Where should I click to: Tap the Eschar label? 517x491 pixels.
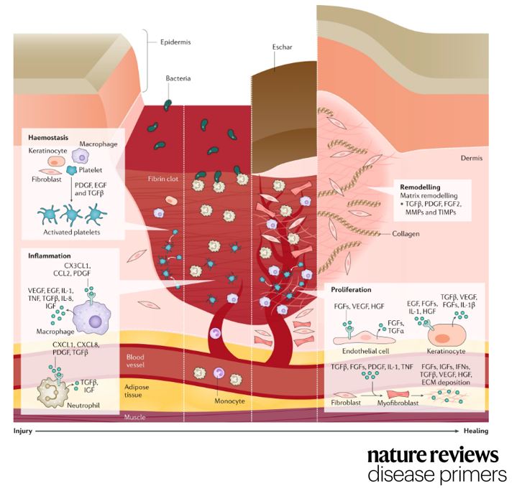pyautogui.click(x=283, y=53)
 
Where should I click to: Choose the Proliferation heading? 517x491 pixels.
pyautogui.click(x=351, y=289)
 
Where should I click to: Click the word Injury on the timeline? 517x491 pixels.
pyautogui.click(x=22, y=432)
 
